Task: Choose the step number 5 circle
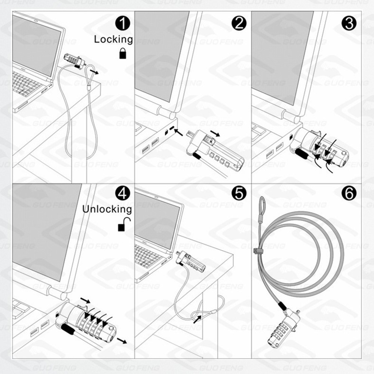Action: click(239, 193)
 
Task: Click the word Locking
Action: click(113, 39)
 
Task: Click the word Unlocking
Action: click(107, 209)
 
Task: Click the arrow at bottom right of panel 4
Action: click(121, 340)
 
